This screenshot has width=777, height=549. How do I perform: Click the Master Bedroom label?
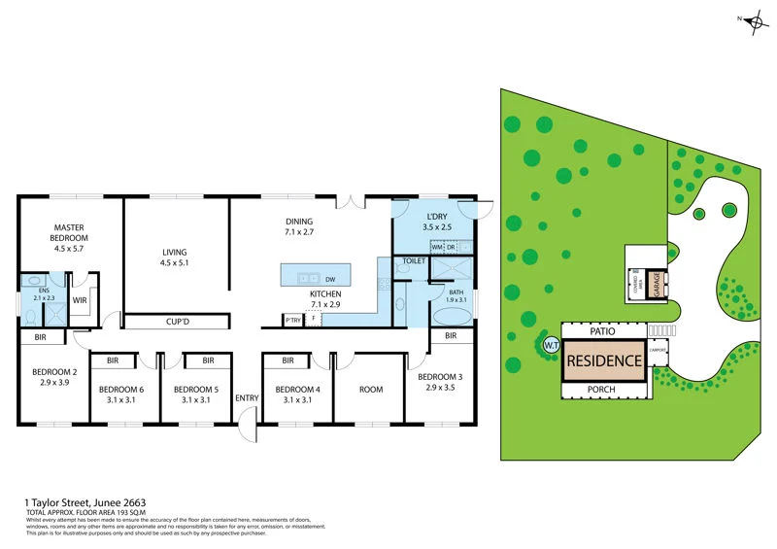click(x=70, y=238)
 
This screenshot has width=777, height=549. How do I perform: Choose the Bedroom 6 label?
click(x=122, y=395)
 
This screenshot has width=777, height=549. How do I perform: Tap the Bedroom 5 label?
click(x=196, y=395)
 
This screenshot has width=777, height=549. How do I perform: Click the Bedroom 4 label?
click(x=298, y=395)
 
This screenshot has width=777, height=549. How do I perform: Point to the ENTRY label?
click(x=247, y=397)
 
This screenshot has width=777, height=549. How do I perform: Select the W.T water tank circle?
click(x=550, y=344)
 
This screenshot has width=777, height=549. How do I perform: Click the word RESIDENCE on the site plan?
click(x=604, y=360)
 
